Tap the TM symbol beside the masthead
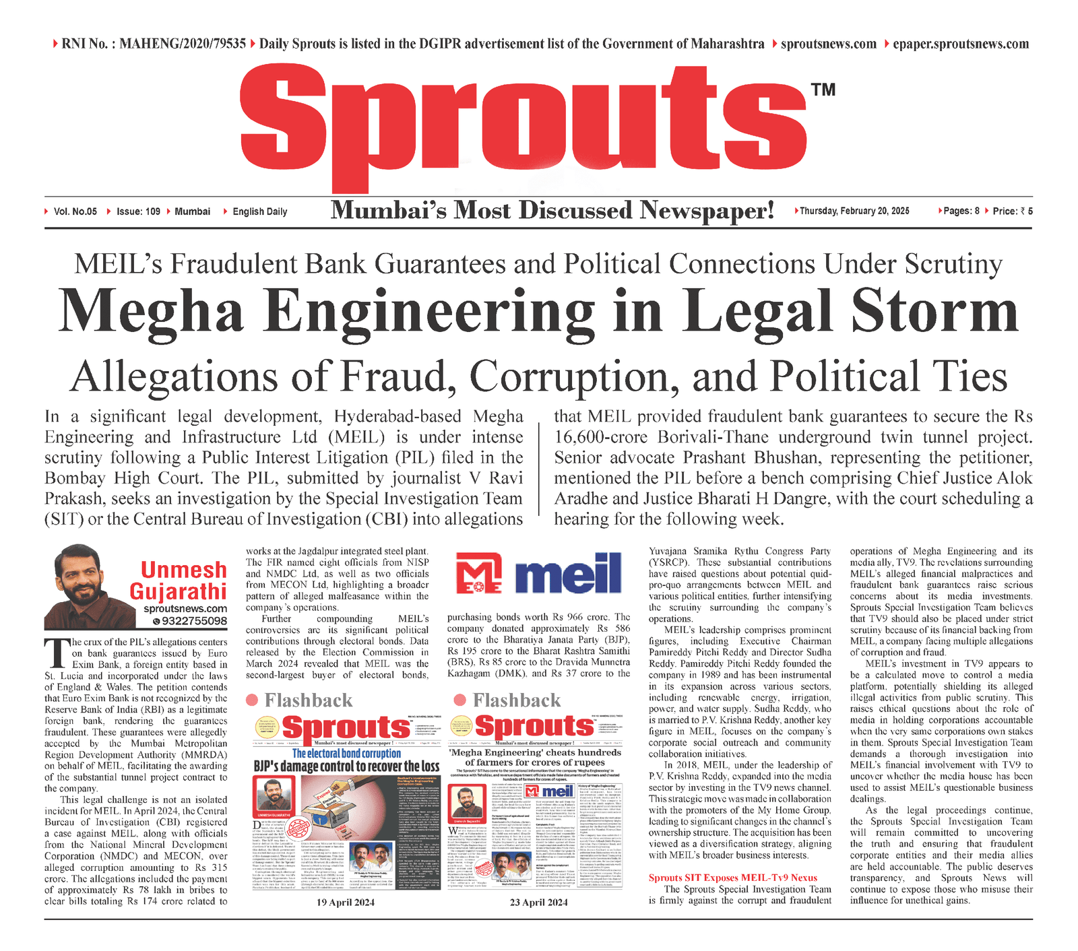coord(823,90)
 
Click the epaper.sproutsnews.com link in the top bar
coord(961,44)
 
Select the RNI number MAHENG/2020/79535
coord(182,44)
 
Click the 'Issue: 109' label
coord(138,211)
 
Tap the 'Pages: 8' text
coord(961,211)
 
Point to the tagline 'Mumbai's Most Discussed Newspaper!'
coord(552,211)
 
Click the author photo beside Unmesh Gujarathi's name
coord(86,586)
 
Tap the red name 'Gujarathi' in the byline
coord(178,591)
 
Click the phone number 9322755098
coord(194,621)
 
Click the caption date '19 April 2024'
coord(345,902)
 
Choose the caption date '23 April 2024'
coord(539,902)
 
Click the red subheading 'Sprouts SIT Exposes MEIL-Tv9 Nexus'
coord(733,878)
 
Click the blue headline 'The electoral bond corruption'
coord(346,754)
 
